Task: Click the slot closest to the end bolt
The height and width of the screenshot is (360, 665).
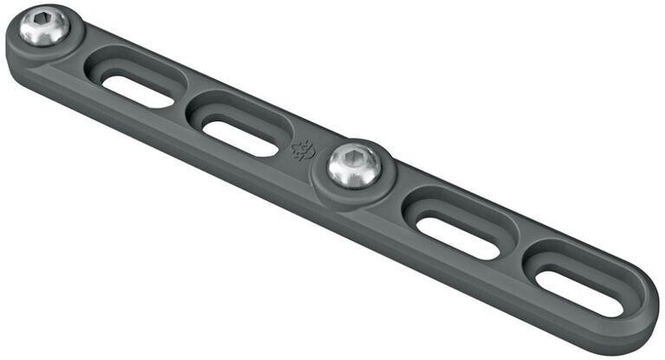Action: coord(137,87)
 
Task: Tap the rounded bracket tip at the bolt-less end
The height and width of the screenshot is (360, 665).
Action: coord(645,303)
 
